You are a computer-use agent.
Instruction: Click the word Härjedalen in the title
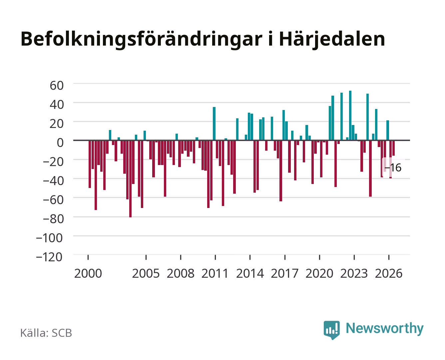(x=332, y=40)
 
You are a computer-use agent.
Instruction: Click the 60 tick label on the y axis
(x=57, y=86)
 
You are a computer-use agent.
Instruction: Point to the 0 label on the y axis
(x=60, y=143)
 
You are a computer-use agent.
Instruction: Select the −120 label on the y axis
(x=49, y=257)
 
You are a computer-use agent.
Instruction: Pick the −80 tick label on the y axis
(x=53, y=219)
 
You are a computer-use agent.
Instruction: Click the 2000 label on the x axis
(x=88, y=273)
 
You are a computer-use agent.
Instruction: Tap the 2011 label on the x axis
(x=215, y=273)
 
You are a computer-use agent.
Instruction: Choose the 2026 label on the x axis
(x=389, y=273)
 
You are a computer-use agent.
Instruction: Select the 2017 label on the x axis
(x=284, y=273)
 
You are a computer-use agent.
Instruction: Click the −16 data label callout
(x=393, y=168)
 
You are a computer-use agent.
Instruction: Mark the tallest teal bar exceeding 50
(x=350, y=115)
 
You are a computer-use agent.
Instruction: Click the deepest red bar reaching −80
(x=130, y=179)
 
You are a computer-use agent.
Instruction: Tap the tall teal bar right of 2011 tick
(x=214, y=124)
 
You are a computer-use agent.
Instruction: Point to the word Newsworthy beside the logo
(x=385, y=329)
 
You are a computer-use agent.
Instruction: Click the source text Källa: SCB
(x=46, y=333)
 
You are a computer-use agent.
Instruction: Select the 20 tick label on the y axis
(x=57, y=124)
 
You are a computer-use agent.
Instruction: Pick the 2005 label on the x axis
(x=146, y=273)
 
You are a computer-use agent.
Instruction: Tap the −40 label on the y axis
(x=53, y=181)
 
